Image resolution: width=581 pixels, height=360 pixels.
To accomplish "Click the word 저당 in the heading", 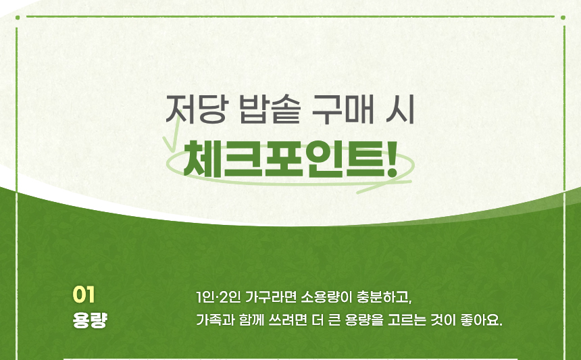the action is point(195,109).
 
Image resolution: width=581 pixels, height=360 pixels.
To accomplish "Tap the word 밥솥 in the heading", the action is point(270,109).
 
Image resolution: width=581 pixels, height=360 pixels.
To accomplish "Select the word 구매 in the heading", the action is point(343,109).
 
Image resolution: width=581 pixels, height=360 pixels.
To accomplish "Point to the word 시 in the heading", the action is point(400,109).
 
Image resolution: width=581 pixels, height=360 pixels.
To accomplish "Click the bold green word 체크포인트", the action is point(284,159).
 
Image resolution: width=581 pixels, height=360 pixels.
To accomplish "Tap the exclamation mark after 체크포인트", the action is point(392,159).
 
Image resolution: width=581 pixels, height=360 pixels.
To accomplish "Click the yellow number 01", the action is point(84,294).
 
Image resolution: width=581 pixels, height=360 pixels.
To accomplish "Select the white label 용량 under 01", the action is point(90,320).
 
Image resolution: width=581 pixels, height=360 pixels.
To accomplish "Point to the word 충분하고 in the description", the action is point(383,297).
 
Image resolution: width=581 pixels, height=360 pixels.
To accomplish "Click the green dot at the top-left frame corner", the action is point(18,18).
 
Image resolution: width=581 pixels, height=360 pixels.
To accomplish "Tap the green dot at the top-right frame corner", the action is point(563,18).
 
